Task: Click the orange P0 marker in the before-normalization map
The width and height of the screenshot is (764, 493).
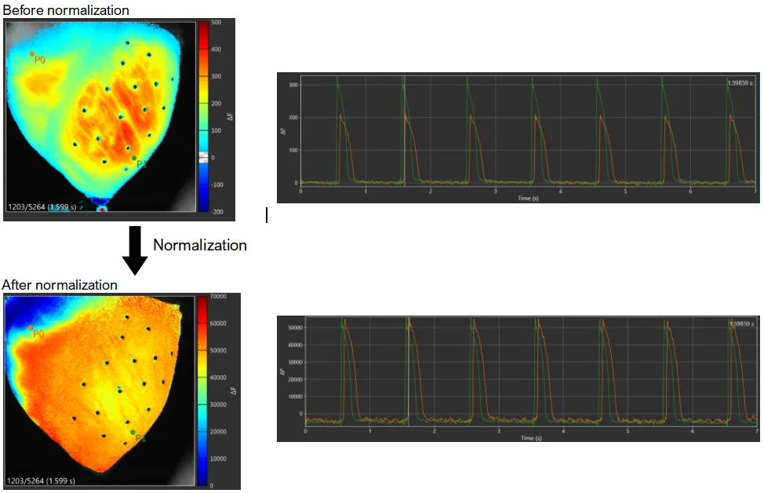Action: (32, 54)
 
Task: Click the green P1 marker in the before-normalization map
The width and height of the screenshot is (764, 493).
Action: (134, 158)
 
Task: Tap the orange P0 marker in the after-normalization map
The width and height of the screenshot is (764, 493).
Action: (31, 327)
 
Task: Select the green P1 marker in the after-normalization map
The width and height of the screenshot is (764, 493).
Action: (133, 432)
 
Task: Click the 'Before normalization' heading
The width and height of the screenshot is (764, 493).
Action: (66, 10)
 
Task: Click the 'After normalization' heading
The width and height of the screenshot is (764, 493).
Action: (60, 285)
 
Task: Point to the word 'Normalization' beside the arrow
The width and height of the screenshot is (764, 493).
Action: (199, 245)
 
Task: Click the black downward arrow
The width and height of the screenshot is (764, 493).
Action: (134, 249)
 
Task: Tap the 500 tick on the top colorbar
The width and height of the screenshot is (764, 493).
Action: (216, 23)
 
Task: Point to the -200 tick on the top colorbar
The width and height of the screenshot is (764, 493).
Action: (216, 212)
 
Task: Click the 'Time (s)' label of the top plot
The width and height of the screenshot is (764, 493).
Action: (528, 199)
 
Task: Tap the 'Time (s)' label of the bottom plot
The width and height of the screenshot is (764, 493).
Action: (531, 437)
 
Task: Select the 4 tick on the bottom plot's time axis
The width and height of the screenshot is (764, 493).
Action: (563, 431)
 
